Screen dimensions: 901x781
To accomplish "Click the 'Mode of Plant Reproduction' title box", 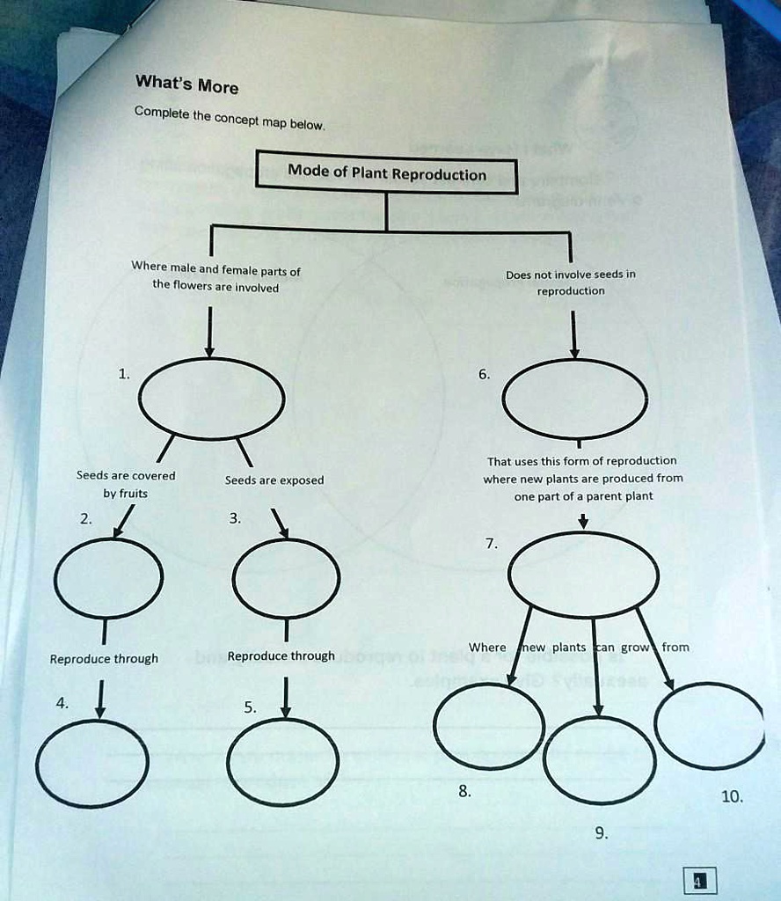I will [x=386, y=173].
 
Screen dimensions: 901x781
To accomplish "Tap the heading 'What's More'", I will [x=186, y=85].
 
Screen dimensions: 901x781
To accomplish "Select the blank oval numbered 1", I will [x=211, y=398].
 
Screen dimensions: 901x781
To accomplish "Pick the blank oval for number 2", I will [x=108, y=577].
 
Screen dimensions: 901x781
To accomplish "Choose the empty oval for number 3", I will [x=287, y=577].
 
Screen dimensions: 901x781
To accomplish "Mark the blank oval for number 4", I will [x=92, y=763].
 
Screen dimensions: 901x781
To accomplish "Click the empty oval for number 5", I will [x=283, y=762].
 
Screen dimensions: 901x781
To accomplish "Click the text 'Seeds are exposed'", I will [x=274, y=480].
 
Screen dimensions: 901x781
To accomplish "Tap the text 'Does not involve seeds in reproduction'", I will [x=571, y=282].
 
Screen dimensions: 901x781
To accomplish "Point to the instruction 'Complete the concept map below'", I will [x=229, y=118].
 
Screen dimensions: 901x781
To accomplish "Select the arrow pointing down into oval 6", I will [x=573, y=335].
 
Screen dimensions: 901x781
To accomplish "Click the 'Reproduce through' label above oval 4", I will [x=104, y=659].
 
